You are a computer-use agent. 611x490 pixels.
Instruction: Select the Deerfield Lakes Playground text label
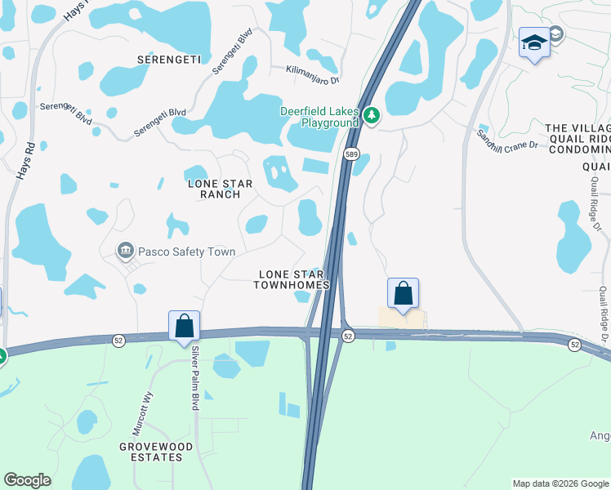pos(319,117)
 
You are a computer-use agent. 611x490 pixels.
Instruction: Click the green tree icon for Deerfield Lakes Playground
pos(372,116)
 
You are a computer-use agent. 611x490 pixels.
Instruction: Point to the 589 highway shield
pos(350,154)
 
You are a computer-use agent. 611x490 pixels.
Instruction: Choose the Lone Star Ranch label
pos(214,189)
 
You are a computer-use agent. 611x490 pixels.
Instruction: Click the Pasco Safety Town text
pos(186,252)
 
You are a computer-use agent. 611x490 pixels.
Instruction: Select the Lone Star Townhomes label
pos(291,279)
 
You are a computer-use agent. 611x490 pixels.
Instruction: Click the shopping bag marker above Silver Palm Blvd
pos(185,325)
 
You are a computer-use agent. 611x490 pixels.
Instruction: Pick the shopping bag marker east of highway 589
pos(403,293)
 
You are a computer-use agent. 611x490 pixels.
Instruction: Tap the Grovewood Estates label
pos(150,452)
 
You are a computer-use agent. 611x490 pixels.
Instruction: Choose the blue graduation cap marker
pos(534,42)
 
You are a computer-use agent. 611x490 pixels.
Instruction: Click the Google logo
pos(27,480)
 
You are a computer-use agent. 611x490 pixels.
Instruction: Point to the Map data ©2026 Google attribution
pos(560,483)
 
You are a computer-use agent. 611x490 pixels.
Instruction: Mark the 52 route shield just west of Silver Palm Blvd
pos(119,341)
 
